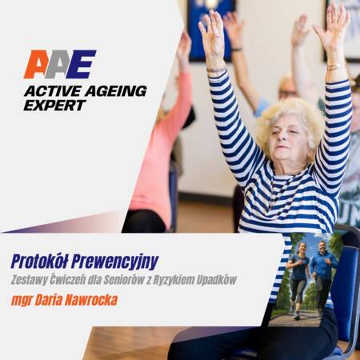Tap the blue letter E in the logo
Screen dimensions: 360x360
81,64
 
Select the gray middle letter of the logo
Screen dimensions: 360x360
58,64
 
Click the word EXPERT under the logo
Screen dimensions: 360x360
54,105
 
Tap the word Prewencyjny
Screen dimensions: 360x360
115,262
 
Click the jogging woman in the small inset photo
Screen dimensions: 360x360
298,280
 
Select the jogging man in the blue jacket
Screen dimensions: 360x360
322,278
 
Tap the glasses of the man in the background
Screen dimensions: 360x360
288,93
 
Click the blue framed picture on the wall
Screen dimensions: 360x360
211,30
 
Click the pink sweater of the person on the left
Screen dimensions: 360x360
160,150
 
